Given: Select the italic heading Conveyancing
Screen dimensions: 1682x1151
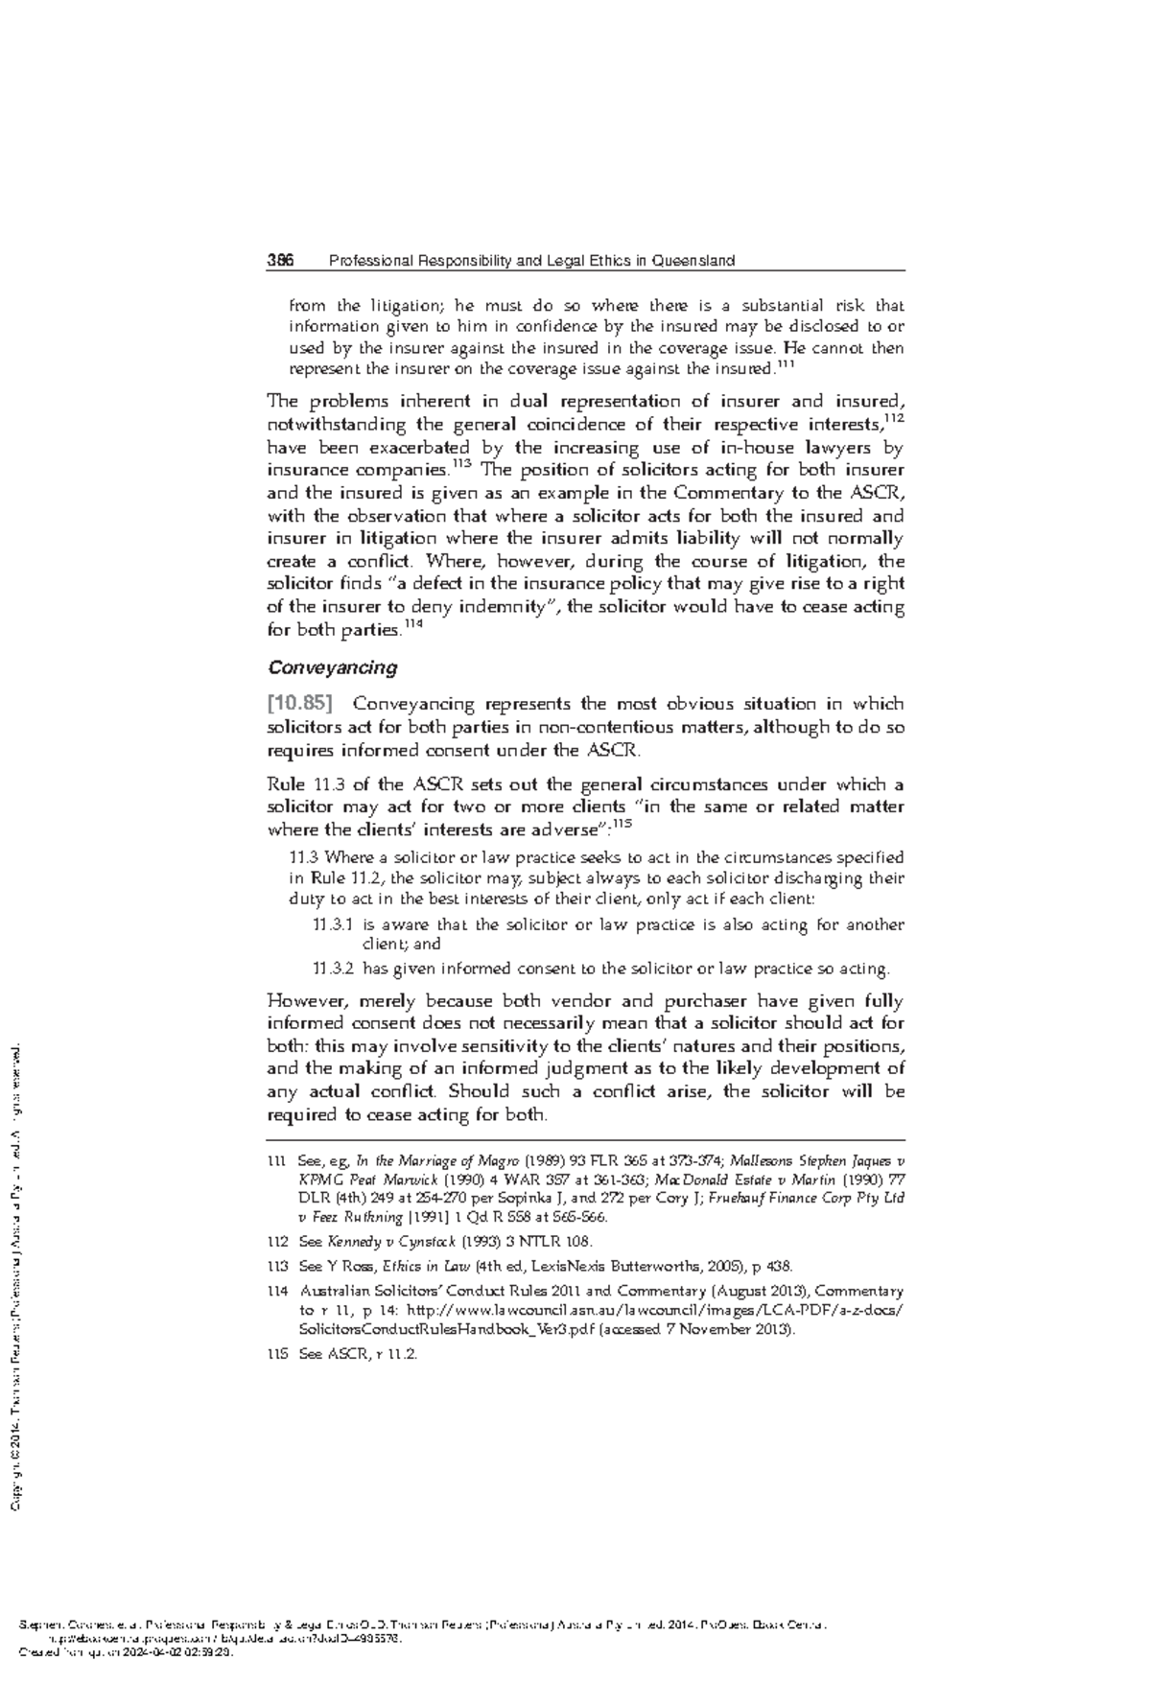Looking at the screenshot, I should [x=332, y=667].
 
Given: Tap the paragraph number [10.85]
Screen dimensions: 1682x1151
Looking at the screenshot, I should [x=299, y=705].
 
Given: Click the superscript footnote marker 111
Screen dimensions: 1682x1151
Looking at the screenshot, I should [x=785, y=363].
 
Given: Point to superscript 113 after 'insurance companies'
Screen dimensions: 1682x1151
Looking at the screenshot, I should [x=461, y=465].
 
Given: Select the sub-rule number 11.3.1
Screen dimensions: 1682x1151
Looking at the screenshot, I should [x=333, y=925].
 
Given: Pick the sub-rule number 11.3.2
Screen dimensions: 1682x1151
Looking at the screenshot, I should [x=333, y=969].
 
